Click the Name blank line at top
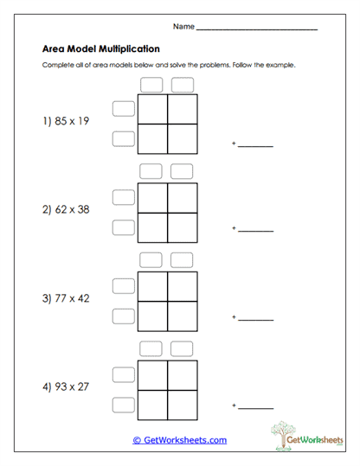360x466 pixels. [x=257, y=29]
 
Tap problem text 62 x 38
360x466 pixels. [x=66, y=209]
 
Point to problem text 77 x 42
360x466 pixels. [x=66, y=298]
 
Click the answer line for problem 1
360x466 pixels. [x=255, y=146]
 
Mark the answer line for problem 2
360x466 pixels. [x=255, y=231]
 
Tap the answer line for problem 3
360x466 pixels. [x=255, y=320]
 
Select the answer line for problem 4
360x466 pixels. [x=255, y=407]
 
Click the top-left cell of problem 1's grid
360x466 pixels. [x=153, y=109]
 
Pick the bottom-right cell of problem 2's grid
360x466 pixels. [x=183, y=227]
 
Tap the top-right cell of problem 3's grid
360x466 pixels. [x=183, y=286]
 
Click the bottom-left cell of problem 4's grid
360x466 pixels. [x=153, y=404]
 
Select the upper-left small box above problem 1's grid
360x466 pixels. [x=152, y=85]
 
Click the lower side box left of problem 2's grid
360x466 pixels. [x=124, y=227]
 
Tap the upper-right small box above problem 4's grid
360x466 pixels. [x=182, y=348]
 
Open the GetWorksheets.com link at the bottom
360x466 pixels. [x=180, y=440]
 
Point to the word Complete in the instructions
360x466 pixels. [x=58, y=66]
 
